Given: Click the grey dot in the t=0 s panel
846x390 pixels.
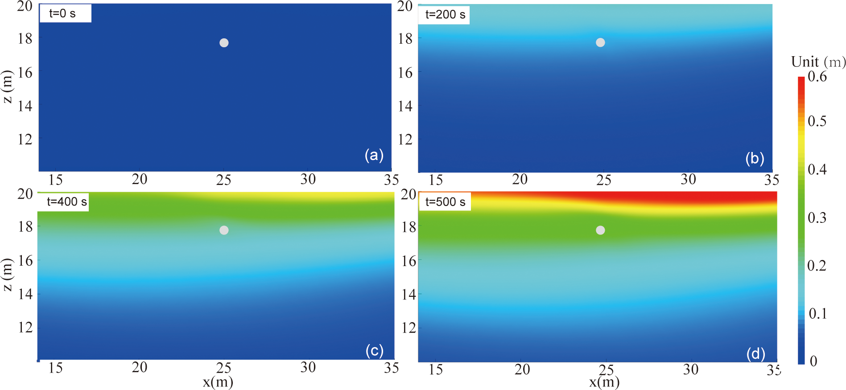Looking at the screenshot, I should (x=224, y=43).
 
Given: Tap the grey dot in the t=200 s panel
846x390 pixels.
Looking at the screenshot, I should (x=600, y=42).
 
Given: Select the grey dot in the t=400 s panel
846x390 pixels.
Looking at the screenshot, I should (x=224, y=230).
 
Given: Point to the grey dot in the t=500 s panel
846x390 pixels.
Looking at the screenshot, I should (x=600, y=230).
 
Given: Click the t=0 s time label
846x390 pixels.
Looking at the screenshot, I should (x=62, y=14).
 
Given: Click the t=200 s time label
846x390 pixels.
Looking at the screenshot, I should (x=445, y=15).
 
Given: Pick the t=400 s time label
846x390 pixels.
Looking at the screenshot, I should (x=66, y=202).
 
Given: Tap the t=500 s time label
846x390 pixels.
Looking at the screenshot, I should (x=445, y=202).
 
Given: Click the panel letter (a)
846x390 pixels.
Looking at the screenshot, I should (x=374, y=155).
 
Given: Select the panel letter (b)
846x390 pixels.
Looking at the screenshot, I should (x=755, y=158).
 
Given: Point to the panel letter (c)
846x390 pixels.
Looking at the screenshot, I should (x=374, y=351).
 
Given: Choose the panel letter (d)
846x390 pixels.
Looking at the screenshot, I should (x=755, y=354).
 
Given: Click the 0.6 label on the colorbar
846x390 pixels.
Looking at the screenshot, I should (x=817, y=77).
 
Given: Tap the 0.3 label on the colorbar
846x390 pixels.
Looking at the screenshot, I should (x=817, y=218).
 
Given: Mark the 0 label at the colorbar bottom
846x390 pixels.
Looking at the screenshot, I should (x=813, y=361).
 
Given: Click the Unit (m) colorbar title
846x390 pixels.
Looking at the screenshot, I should (x=818, y=62).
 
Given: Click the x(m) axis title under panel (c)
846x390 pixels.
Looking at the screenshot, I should (x=218, y=382).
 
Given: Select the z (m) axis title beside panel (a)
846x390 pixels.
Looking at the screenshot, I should (x=8, y=86).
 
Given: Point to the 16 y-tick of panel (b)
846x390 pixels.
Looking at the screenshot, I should (x=405, y=72).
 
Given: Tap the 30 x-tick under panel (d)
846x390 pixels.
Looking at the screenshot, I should (x=690, y=369).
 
